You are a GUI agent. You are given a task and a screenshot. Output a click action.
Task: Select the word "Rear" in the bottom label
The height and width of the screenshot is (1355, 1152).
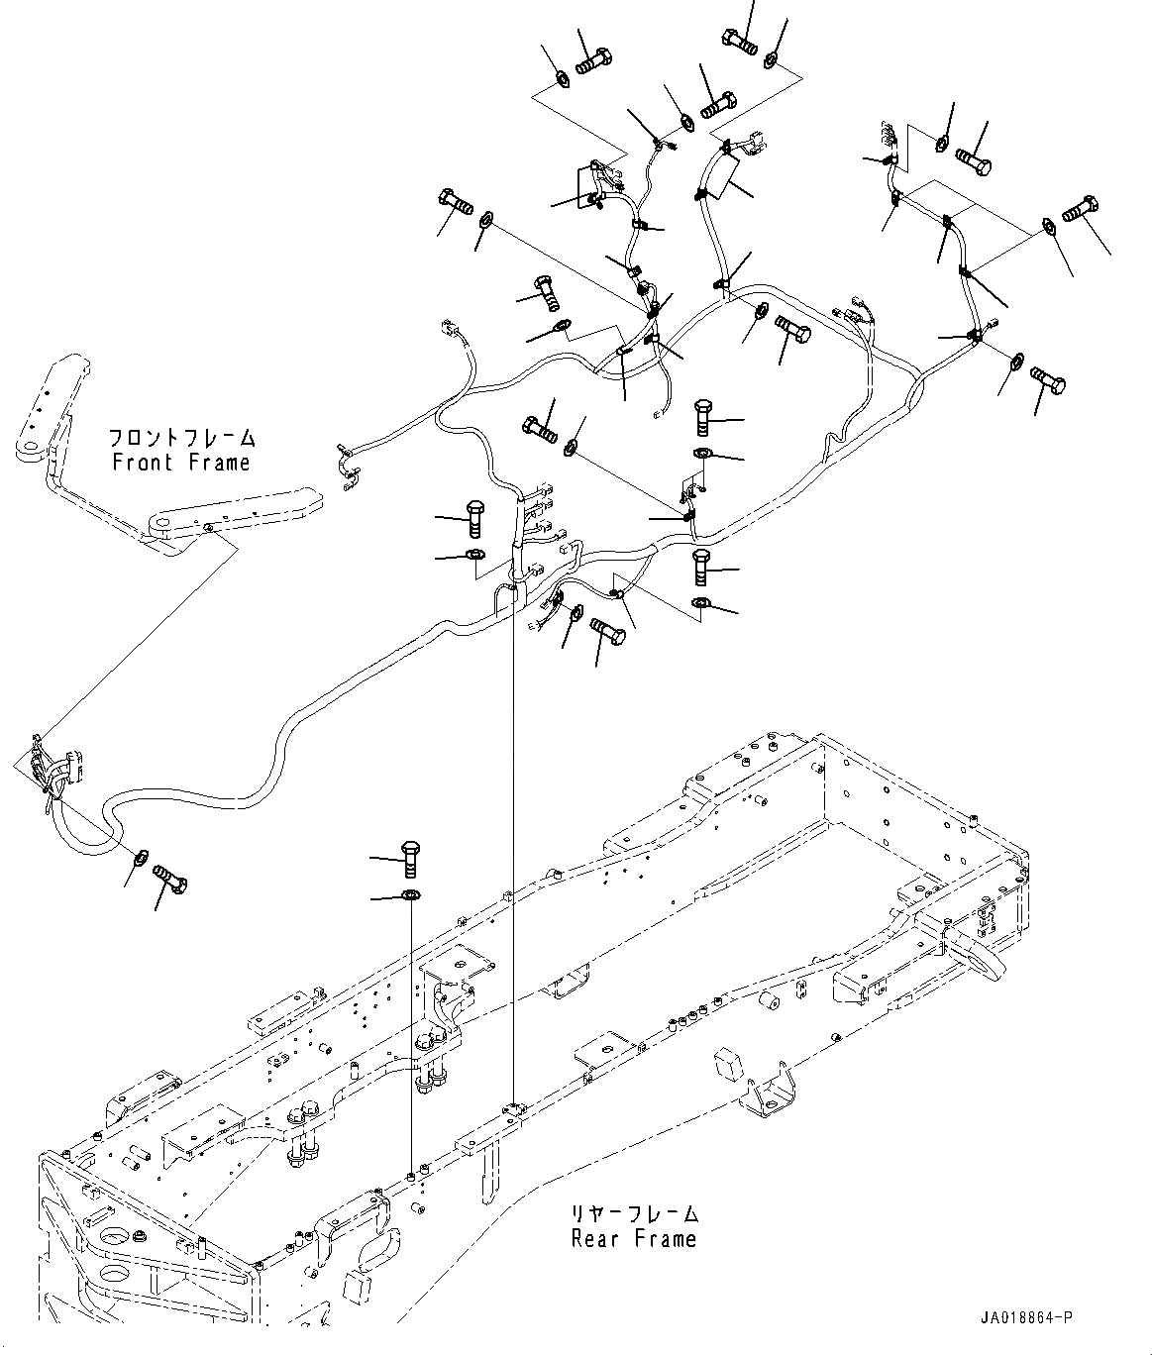594,1238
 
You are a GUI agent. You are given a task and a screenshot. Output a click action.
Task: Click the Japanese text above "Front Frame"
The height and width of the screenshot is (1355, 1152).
180,438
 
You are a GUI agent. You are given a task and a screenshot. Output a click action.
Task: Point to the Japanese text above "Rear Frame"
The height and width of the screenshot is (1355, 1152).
634,1213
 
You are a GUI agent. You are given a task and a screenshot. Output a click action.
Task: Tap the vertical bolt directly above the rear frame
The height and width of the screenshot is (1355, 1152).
410,857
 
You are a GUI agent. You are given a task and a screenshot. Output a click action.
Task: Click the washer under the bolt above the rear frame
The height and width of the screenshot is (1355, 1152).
410,896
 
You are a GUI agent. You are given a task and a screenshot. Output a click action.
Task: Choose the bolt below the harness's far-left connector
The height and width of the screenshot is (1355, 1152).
172,878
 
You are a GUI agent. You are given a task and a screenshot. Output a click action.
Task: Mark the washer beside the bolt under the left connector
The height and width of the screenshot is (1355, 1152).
143,855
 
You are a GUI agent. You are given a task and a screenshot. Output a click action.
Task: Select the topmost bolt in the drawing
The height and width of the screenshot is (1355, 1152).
739,42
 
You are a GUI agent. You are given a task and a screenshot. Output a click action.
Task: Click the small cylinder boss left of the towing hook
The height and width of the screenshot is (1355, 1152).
766,993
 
